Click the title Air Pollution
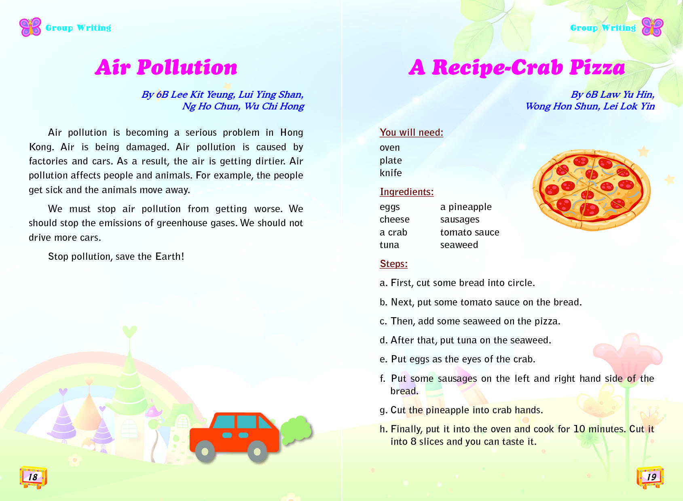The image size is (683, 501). click(166, 67)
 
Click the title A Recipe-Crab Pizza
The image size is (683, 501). click(517, 67)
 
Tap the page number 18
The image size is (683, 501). click(33, 477)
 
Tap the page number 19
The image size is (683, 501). click(651, 477)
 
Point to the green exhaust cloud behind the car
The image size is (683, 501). click(296, 430)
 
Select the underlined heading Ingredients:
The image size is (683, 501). click(406, 192)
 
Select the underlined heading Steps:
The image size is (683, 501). click(393, 264)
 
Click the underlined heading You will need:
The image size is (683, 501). click(411, 133)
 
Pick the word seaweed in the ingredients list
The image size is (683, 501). click(459, 245)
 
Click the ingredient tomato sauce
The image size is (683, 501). click(469, 232)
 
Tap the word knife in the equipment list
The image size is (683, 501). click(391, 173)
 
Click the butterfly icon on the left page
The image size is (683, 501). click(30, 27)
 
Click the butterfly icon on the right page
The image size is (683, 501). click(652, 27)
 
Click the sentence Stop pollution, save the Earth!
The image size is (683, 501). click(116, 257)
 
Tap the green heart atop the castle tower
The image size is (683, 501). click(129, 332)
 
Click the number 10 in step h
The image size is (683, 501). click(579, 429)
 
